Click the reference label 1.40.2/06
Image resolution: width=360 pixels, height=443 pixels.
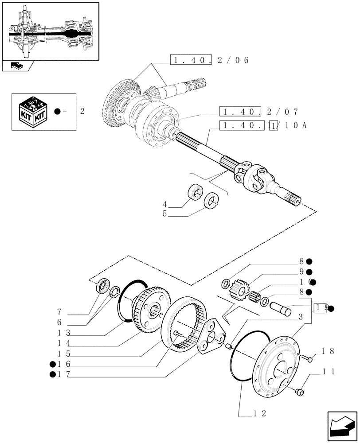pyautogui.click(x=209, y=60)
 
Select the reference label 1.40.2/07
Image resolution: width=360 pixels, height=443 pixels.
pyautogui.click(x=259, y=111)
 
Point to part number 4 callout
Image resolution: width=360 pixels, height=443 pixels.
pyautogui.click(x=164, y=205)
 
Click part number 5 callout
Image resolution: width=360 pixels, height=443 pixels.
pyautogui.click(x=164, y=214)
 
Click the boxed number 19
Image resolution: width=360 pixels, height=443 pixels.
pyautogui.click(x=321, y=308)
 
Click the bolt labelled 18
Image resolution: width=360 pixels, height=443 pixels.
pyautogui.click(x=305, y=358)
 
